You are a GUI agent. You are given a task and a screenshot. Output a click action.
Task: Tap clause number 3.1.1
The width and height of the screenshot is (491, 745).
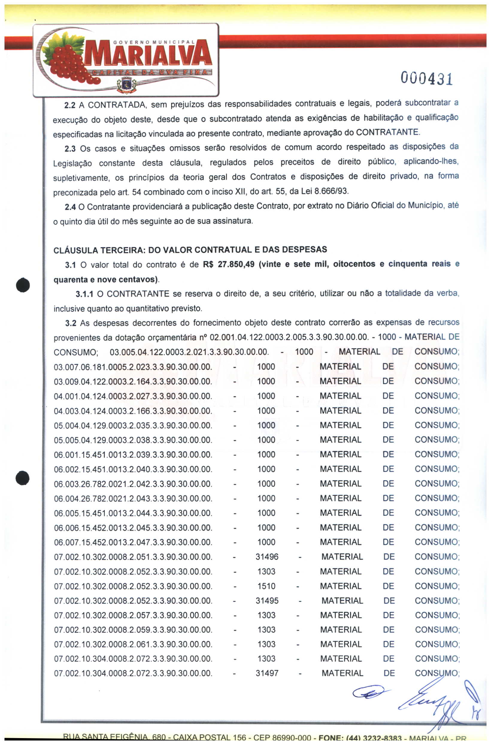[84, 294]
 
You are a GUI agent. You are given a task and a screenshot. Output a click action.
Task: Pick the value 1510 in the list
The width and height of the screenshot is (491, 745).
[266, 586]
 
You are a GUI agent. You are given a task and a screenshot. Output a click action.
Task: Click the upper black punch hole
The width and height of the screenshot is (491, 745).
[23, 285]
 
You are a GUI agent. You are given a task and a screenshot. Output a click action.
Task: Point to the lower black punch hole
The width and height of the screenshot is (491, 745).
[22, 478]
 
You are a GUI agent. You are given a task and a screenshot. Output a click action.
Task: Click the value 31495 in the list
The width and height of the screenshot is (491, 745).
[267, 601]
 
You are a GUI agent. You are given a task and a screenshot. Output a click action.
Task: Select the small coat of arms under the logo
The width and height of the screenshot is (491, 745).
[126, 85]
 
